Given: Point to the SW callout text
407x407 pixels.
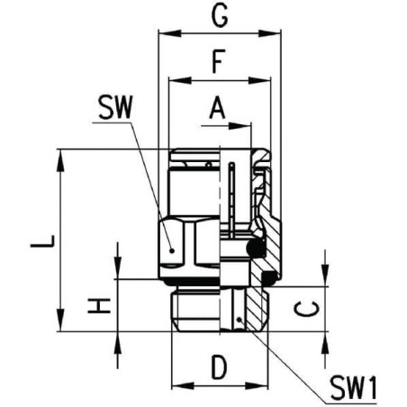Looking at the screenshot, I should coord(113,109).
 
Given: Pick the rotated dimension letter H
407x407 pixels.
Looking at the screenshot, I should coord(101,305).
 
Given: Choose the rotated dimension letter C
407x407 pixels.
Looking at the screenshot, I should coord(308,308).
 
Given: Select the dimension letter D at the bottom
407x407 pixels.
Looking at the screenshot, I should coord(218,367).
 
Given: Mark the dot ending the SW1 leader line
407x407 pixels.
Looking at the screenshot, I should coord(238,320).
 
